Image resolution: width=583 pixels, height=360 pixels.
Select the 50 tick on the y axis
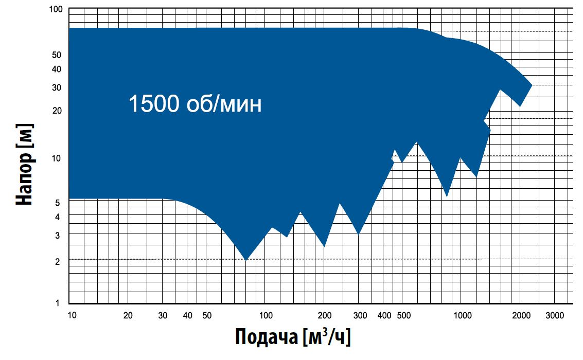pyautogui.click(x=57, y=55)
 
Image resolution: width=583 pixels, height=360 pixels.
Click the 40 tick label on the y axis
pyautogui.click(x=57, y=69)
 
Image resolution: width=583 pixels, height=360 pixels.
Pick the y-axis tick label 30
pyautogui.click(x=57, y=87)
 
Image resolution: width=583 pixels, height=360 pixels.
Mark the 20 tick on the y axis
pyautogui.click(x=57, y=111)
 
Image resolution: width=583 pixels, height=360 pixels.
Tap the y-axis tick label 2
pyautogui.click(x=59, y=262)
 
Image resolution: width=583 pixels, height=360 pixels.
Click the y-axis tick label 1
pyautogui.click(x=59, y=303)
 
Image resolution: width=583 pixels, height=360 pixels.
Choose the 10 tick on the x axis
pyautogui.click(x=73, y=315)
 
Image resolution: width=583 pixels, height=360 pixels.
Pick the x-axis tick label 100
pyautogui.click(x=266, y=315)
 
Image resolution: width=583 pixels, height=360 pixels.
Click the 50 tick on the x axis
pyautogui.click(x=207, y=315)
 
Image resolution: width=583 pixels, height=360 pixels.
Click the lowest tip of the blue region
pyautogui.click(x=246, y=260)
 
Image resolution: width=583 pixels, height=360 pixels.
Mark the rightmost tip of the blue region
pyautogui.click(x=532, y=85)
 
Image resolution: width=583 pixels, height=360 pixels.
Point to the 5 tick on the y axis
pyautogui.click(x=59, y=203)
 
